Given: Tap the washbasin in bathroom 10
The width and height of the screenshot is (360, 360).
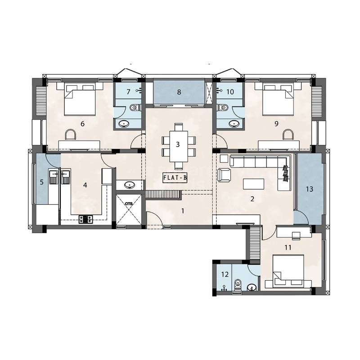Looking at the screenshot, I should [233, 123].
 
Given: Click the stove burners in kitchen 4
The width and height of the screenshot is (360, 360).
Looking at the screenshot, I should [86, 219].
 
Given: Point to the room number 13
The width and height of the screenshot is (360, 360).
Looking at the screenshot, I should [309, 189].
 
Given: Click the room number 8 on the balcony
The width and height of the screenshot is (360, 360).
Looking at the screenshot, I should [179, 92].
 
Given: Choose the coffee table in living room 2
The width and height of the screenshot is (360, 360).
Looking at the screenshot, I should [254, 184].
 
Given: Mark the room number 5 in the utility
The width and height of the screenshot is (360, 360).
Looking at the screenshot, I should [41, 183].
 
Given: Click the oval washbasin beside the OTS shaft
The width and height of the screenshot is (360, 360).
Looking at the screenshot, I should [130, 184].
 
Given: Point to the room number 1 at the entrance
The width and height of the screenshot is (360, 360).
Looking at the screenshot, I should [183, 210].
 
